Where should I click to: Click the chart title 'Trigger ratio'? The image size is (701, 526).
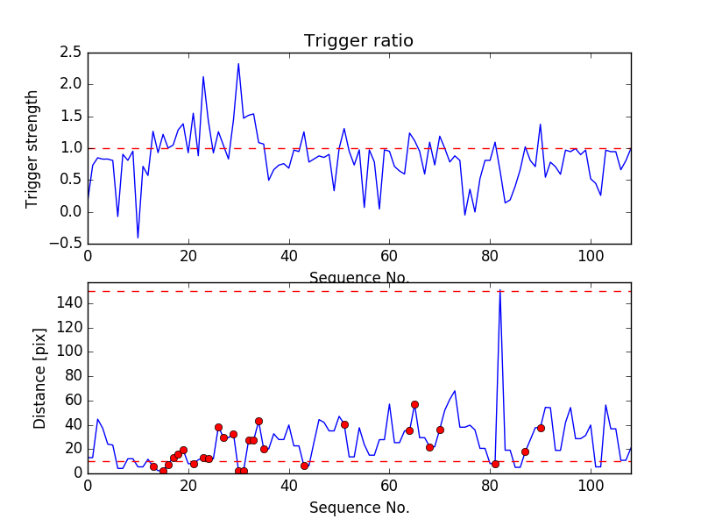pos(358,41)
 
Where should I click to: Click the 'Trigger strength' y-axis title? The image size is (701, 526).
pos(32,148)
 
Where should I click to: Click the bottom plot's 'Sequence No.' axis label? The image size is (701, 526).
pos(358,508)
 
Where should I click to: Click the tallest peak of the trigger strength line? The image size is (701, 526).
pos(238,63)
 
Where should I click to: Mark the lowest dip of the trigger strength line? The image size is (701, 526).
pos(138,238)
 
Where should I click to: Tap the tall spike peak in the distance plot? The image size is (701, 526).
pos(499,290)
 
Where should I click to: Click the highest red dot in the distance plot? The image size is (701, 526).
pos(414,404)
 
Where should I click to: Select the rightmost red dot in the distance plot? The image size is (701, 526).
pos(541,428)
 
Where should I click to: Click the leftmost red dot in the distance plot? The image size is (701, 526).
pos(153,467)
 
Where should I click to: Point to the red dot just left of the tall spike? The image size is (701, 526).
pos(495,464)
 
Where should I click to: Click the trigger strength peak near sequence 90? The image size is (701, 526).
pos(540,124)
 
